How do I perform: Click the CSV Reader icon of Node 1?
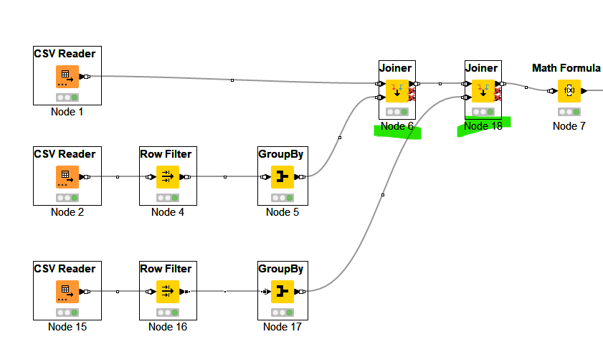click(67, 77)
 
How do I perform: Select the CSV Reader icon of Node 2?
click(67, 177)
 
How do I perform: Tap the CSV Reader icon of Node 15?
click(67, 292)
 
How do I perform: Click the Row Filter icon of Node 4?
click(168, 177)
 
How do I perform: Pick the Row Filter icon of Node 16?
click(168, 292)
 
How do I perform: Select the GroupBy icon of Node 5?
click(282, 177)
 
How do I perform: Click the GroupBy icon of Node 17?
click(282, 292)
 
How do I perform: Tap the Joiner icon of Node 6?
click(397, 91)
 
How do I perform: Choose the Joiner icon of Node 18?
click(483, 91)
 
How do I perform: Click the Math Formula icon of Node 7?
click(569, 91)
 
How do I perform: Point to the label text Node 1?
click(67, 112)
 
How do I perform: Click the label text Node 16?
click(168, 327)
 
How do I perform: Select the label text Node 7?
click(569, 126)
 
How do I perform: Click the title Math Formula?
click(566, 68)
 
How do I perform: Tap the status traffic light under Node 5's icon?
click(282, 198)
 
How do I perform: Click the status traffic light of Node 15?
click(67, 313)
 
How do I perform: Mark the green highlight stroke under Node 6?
click(397, 132)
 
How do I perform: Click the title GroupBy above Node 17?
click(280, 269)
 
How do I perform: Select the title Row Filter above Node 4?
click(166, 154)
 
